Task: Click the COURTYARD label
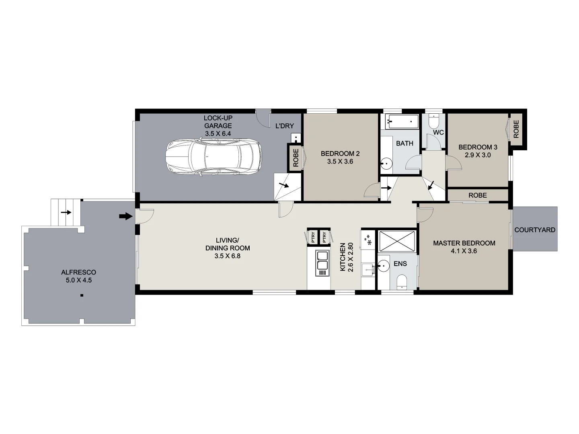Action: [x=535, y=230]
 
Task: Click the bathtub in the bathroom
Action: [x=402, y=121]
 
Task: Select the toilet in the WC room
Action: [x=434, y=121]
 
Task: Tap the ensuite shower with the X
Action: [x=396, y=242]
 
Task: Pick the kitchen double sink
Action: [x=322, y=260]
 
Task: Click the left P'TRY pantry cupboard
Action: [x=312, y=237]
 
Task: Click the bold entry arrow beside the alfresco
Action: [x=126, y=217]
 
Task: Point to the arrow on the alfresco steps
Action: [x=66, y=212]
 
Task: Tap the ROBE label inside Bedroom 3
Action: [x=516, y=129]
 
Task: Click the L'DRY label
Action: [x=284, y=126]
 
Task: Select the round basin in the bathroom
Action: [x=386, y=164]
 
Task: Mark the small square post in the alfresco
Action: [x=82, y=296]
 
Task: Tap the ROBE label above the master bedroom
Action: [x=477, y=195]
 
